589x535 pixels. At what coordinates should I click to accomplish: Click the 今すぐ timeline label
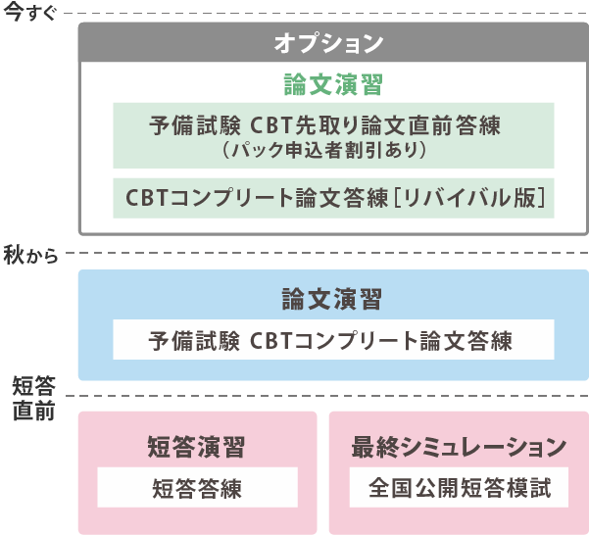(30, 13)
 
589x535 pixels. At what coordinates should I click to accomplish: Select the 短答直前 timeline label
(33, 397)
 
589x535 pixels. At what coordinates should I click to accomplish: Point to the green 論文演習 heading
(332, 84)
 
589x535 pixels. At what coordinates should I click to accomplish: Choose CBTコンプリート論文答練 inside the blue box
(381, 341)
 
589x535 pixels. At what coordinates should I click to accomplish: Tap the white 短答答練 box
(197, 487)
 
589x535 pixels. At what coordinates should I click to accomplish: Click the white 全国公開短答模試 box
(458, 487)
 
